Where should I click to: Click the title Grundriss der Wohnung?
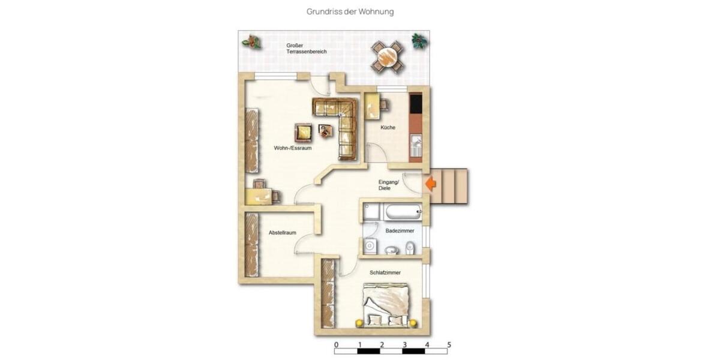tap(350, 11)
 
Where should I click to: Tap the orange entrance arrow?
tap(430, 184)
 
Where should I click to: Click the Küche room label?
tap(388, 128)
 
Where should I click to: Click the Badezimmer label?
tap(400, 230)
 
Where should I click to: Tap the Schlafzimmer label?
tap(385, 273)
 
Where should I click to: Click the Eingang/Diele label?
tap(385, 185)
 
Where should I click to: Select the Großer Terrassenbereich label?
tap(306, 49)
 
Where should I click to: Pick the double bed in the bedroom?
tap(388, 305)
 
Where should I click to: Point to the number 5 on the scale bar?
tap(449, 345)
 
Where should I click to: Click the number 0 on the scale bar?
tap(336, 345)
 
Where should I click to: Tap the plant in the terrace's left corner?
tap(251, 41)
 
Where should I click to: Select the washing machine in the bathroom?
tap(370, 246)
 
